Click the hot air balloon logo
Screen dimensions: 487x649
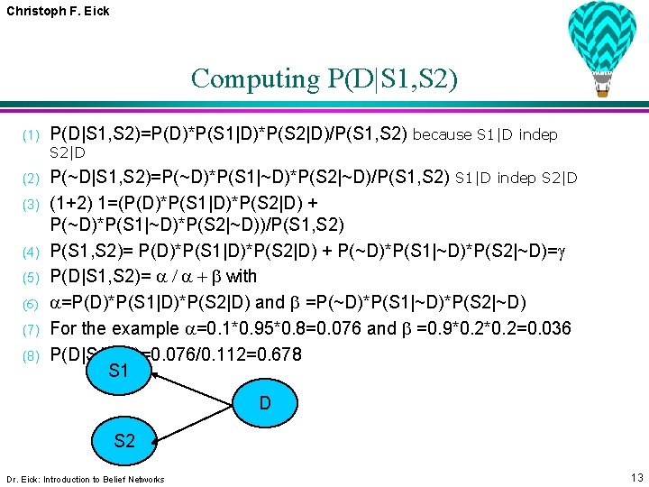point(602,45)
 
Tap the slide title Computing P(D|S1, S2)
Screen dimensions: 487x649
point(324,78)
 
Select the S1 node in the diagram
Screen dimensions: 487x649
point(117,371)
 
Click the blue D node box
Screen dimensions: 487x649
point(265,403)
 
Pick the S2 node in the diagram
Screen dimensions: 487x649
point(124,440)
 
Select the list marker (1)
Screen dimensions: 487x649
point(32,136)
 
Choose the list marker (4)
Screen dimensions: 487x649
point(32,252)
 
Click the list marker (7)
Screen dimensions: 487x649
point(32,329)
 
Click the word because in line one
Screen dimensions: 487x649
point(442,135)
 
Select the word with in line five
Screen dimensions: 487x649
point(242,277)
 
